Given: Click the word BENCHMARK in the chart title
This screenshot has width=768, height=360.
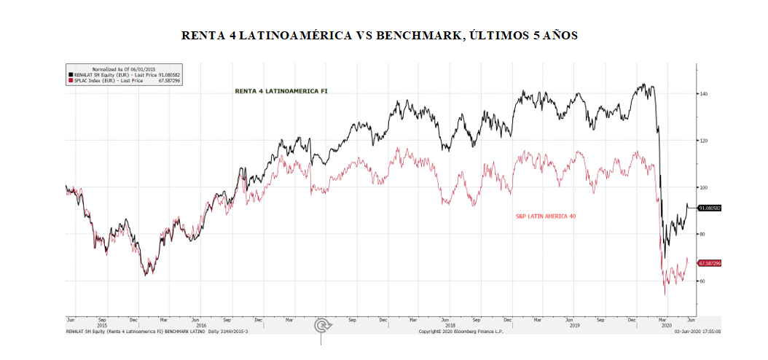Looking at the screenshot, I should point(419,36).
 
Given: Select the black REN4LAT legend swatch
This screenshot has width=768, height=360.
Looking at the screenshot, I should point(70,74).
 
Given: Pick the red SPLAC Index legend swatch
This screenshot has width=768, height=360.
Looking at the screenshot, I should point(70,81).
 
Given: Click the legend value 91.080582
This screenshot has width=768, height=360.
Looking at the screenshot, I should point(169,74).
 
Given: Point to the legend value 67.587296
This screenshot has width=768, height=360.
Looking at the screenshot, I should point(169,81).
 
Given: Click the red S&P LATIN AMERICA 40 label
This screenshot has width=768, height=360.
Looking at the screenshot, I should point(546,216).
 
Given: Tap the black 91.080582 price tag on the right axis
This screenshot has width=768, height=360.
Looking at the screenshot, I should point(710,208).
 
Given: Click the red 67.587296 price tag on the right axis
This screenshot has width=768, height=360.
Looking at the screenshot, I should point(710,262).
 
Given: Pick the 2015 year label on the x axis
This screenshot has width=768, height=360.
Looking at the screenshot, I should point(101,326).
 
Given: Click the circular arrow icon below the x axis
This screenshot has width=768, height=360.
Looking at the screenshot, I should point(321,325).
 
